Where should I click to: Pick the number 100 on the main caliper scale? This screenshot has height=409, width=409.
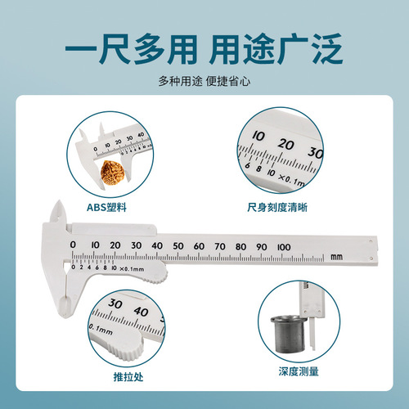pos(283,245)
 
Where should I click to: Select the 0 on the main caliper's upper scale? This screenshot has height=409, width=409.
pos(74,245)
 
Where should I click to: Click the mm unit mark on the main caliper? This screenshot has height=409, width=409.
pos(336,258)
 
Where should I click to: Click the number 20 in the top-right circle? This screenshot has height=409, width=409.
pos(284,143)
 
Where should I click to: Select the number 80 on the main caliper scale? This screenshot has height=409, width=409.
pos(240,245)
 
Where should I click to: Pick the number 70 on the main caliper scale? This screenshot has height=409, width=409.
pos(220,245)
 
